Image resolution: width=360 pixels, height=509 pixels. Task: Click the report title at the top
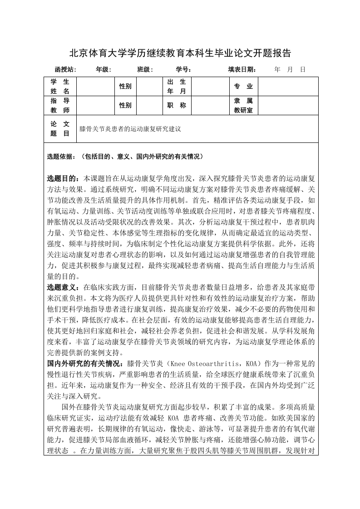[180, 53]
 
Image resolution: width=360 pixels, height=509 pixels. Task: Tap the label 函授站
[65, 70]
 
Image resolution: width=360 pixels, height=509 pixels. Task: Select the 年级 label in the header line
[103, 70]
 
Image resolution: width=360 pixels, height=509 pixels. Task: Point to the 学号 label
[183, 70]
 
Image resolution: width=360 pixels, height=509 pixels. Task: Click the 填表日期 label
[242, 70]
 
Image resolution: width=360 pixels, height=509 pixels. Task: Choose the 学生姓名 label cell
[60, 86]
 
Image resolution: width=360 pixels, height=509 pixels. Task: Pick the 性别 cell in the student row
[125, 86]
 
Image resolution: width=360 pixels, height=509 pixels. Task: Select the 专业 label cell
[243, 86]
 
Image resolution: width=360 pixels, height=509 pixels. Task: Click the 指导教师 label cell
[60, 105]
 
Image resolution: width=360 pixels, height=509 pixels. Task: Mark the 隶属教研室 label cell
[243, 105]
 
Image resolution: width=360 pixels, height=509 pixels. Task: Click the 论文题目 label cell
[60, 128]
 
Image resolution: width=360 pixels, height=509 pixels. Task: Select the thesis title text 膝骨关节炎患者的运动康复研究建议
[130, 129]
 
